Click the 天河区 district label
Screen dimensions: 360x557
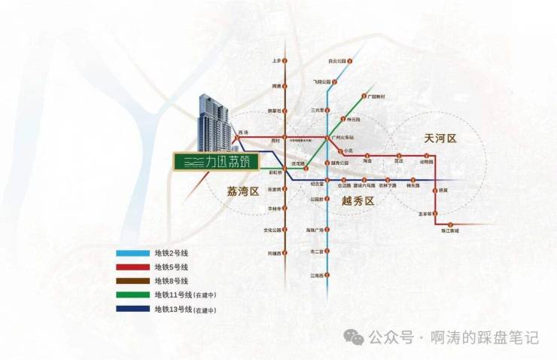point(440,139)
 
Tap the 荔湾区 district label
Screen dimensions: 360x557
point(243,191)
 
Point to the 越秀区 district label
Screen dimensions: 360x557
point(358,200)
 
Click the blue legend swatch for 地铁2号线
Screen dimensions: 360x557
point(132,253)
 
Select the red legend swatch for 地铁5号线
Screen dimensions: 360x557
point(132,267)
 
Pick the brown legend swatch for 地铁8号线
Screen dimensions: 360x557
point(132,281)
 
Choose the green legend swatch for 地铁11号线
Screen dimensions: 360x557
point(132,294)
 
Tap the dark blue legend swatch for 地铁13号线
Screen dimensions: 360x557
point(132,309)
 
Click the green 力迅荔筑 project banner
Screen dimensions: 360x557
point(218,161)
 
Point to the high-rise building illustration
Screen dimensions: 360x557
point(212,124)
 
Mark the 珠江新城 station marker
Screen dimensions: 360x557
point(450,225)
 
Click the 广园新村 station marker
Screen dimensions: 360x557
point(364,96)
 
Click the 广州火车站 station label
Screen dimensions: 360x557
point(345,137)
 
